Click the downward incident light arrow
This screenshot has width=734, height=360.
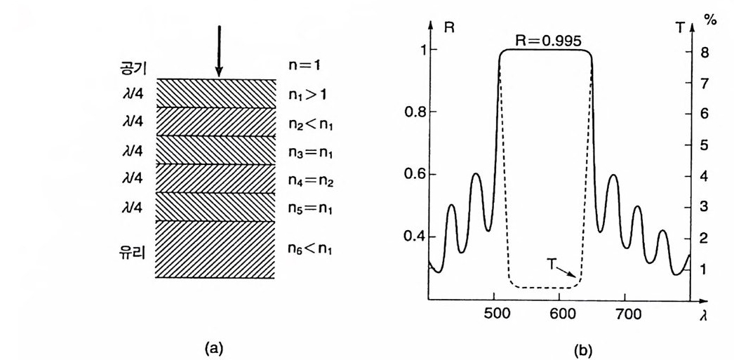click(219, 51)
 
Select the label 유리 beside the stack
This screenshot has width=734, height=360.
click(131, 251)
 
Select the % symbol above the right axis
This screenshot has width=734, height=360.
click(710, 20)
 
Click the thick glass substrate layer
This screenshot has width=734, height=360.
click(214, 249)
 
